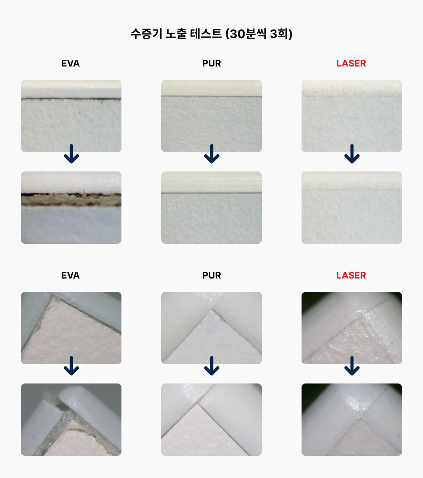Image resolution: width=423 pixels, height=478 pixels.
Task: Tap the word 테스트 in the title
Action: [x=206, y=33]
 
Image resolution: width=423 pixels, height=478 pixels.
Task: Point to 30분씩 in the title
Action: [x=248, y=33]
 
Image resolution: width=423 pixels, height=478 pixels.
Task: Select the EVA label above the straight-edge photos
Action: [x=70, y=64]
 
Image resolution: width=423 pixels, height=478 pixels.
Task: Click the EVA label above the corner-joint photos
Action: [x=70, y=275]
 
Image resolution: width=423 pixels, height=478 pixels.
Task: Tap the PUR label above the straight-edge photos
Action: [x=211, y=64]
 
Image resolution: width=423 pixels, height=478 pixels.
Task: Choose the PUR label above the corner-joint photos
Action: [x=211, y=275]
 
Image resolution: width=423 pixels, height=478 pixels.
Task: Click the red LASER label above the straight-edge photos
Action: [x=351, y=64]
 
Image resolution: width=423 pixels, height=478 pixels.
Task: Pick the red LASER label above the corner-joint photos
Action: [x=351, y=275]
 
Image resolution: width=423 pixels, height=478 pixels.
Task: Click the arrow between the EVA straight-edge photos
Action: [x=72, y=154]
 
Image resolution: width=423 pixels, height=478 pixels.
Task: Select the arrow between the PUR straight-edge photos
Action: [x=211, y=154]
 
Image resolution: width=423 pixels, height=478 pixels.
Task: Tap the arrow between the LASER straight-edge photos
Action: [x=352, y=154]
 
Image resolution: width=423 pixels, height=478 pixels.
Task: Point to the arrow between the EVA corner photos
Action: [x=72, y=366]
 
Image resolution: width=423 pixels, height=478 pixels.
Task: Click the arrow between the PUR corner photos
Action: [x=211, y=366]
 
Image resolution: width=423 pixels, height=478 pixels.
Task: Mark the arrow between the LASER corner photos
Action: [x=352, y=366]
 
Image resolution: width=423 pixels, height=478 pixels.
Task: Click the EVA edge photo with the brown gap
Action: [x=71, y=207]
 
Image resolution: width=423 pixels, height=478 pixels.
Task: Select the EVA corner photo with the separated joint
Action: [x=71, y=419]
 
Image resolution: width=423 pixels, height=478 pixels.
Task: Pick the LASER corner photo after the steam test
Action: [x=351, y=419]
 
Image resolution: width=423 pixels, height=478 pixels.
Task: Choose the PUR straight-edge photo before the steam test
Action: [x=211, y=116]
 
